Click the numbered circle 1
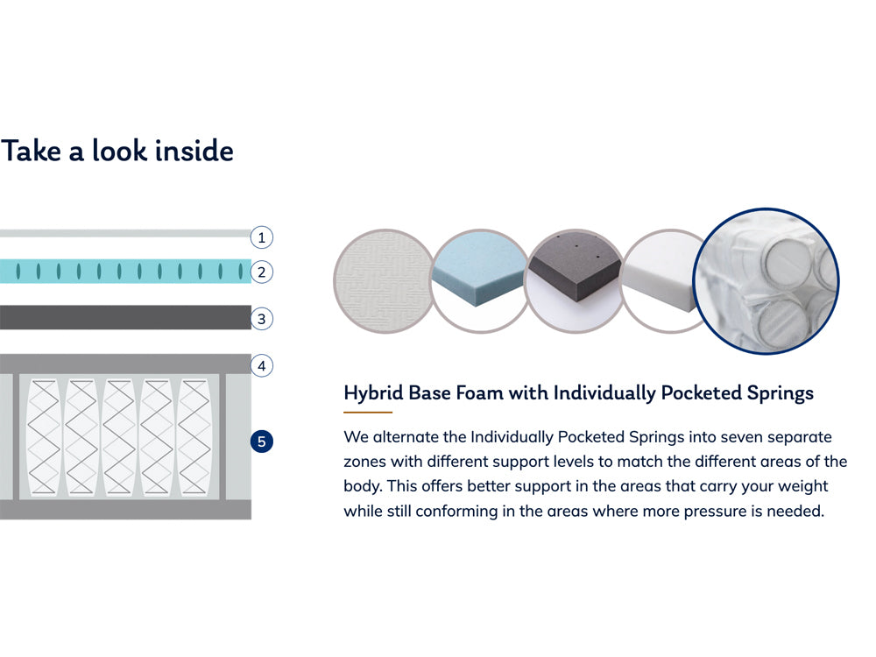pyautogui.click(x=261, y=237)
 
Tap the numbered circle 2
pyautogui.click(x=261, y=272)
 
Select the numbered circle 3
pyautogui.click(x=261, y=319)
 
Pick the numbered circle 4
pyautogui.click(x=261, y=366)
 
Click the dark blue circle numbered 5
pyautogui.click(x=261, y=442)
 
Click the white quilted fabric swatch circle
pyautogui.click(x=384, y=281)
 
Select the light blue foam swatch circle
pyautogui.click(x=479, y=281)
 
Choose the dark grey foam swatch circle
pyautogui.click(x=575, y=281)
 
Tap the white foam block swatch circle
pyautogui.click(x=662, y=281)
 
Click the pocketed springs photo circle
pyautogui.click(x=766, y=281)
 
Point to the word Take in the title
pyautogui.click(x=31, y=151)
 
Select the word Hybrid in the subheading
pyautogui.click(x=373, y=393)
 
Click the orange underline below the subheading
pyautogui.click(x=368, y=413)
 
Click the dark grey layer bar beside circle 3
pyautogui.click(x=125, y=317)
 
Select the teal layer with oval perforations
pyautogui.click(x=125, y=272)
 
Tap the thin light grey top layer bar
pyautogui.click(x=125, y=234)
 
